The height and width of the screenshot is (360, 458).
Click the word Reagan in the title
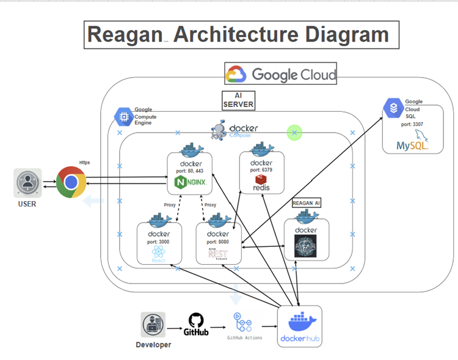point(124,34)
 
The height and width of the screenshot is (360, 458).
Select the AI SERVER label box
point(238,100)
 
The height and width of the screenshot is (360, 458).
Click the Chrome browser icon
point(71,182)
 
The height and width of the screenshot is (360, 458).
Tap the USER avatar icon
point(27,182)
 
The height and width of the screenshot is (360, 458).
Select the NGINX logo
point(191,182)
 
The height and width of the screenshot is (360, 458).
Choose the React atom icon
point(158,251)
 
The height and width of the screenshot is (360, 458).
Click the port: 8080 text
point(218,242)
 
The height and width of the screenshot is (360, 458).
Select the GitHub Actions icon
point(244,322)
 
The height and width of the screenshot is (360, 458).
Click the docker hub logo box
point(299,326)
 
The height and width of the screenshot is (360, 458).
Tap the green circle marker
point(295,132)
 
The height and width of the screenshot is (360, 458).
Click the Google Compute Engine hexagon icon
point(123,116)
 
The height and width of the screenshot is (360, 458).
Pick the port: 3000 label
point(158,242)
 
